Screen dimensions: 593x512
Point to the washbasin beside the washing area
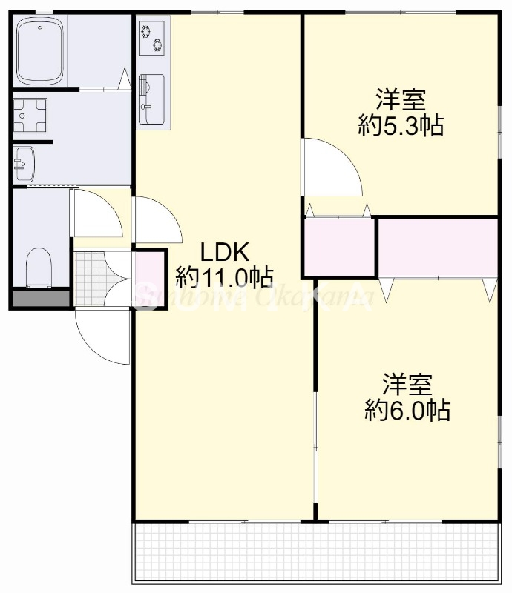tap(23, 162)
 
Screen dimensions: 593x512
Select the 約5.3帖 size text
tap(401, 126)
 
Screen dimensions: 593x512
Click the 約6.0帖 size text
tap(407, 410)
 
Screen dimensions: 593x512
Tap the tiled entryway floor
tap(89, 278)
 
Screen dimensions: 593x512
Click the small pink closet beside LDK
tap(338, 247)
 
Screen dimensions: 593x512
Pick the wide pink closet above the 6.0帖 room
tap(437, 247)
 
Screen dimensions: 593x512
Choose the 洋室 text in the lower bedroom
tap(407, 384)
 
